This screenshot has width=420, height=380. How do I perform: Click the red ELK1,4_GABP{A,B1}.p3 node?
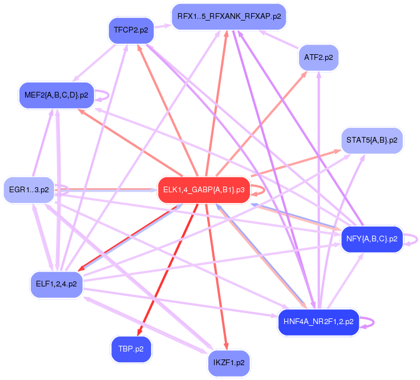(204, 190)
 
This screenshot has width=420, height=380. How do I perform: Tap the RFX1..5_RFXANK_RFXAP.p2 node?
(229, 17)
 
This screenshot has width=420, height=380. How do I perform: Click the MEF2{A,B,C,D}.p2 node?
(56, 95)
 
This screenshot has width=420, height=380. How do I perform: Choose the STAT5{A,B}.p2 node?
(372, 140)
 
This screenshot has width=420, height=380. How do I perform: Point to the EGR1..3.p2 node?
(29, 189)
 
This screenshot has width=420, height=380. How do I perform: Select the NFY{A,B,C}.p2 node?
(371, 239)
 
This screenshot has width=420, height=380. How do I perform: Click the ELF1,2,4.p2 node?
(56, 284)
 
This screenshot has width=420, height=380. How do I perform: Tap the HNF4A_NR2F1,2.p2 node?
(318, 322)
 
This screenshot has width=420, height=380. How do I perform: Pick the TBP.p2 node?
(131, 349)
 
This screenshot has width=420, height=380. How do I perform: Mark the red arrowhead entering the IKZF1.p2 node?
(227, 345)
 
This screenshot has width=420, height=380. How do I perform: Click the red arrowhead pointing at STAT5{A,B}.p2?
(336, 151)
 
